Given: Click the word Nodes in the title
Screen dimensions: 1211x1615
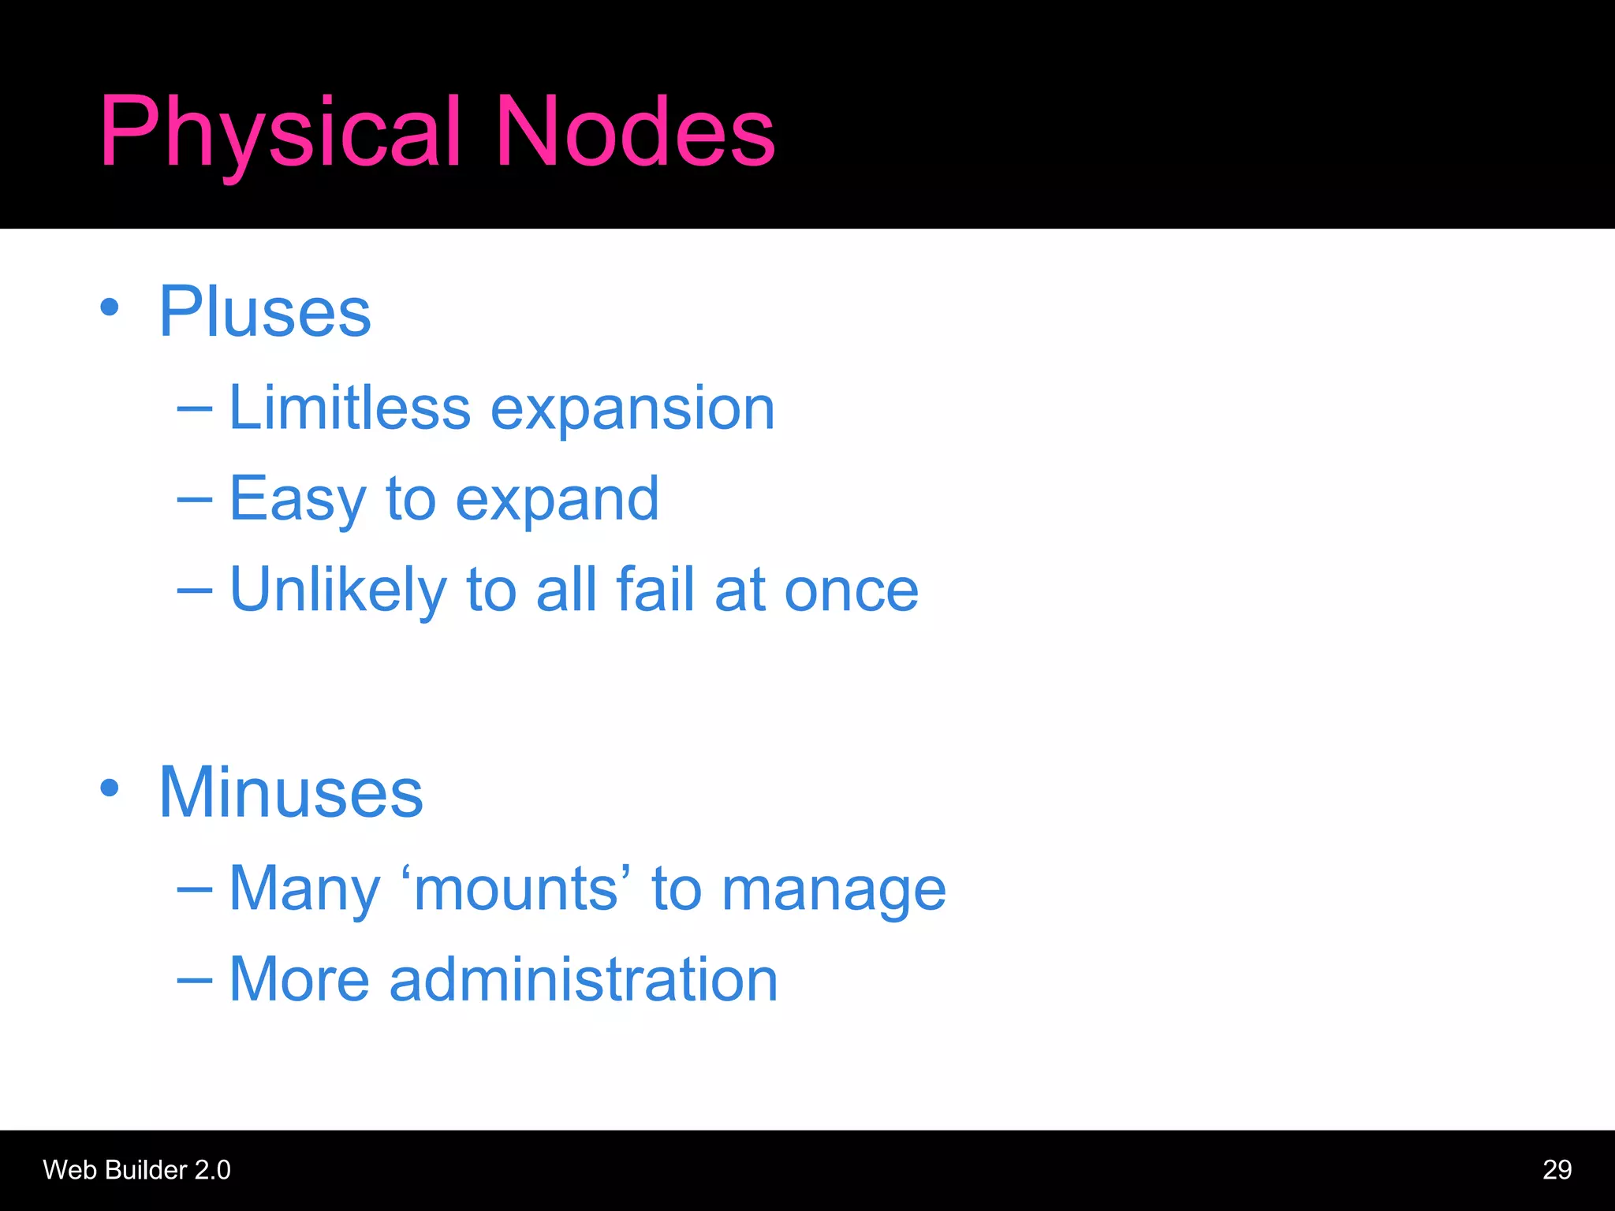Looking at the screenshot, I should point(635,132).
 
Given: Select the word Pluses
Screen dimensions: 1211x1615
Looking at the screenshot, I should point(265,312).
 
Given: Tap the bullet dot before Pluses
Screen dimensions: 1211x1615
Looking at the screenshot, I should point(110,307).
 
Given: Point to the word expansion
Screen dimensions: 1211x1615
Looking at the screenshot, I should point(632,410).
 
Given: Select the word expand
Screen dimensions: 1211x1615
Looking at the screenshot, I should point(557,500).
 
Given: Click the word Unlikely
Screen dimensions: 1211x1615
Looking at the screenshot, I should point(338,590).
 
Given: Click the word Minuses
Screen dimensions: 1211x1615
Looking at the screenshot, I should point(291,792).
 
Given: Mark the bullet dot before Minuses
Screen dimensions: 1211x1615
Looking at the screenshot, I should point(110,788).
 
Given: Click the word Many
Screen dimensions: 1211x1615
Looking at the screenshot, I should point(304,889).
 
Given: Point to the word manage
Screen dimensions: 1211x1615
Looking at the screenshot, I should point(834,891).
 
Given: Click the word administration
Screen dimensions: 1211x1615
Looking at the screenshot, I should point(584,980).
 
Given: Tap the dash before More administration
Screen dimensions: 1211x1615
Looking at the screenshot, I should point(195,980).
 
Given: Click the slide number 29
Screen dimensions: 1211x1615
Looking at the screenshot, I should point(1557,1170).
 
